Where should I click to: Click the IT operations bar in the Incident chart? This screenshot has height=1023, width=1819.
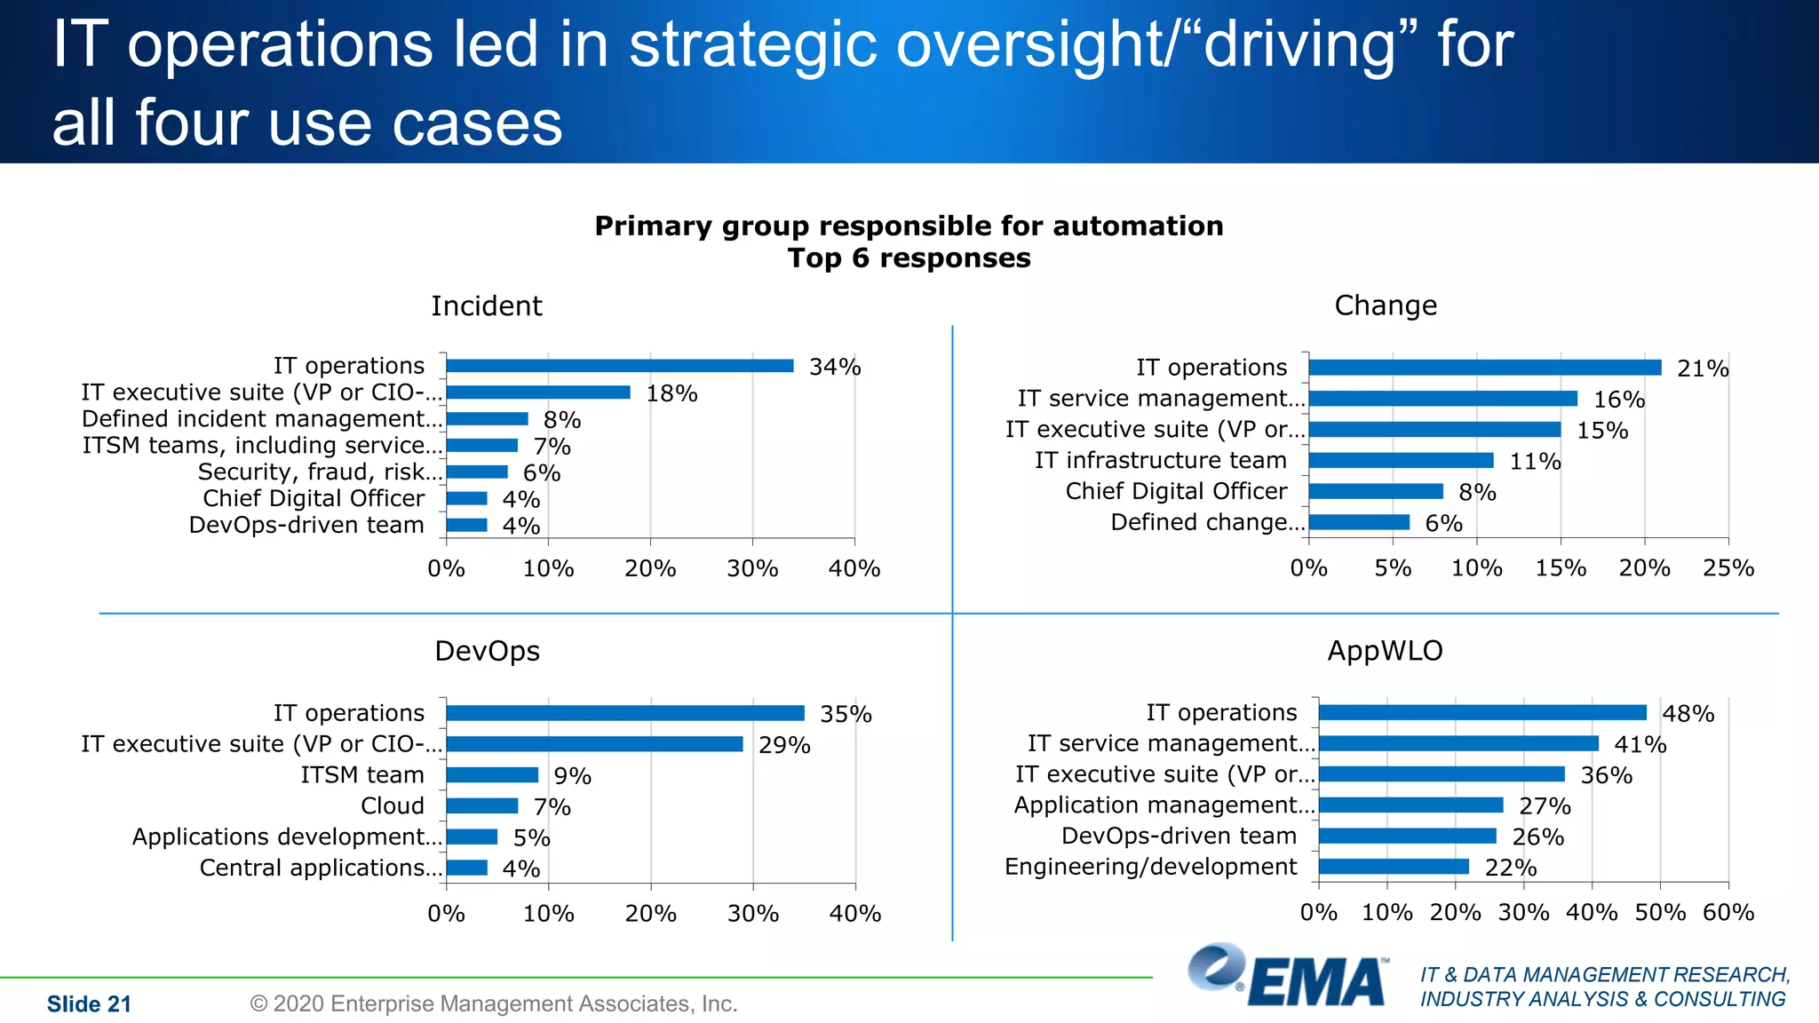point(620,366)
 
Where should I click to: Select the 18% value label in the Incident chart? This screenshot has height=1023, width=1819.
point(671,393)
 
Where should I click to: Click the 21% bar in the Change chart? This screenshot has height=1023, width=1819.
point(1484,368)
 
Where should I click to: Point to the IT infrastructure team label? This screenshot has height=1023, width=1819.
point(1160,460)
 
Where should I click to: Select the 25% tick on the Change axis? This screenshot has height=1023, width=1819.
point(1728,568)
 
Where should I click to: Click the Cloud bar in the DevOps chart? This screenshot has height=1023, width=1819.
point(482,806)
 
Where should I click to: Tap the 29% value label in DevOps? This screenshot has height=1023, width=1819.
point(784,745)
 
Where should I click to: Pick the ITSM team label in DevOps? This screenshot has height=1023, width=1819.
point(362,775)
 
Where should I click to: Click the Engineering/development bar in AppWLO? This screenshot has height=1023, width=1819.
point(1394,867)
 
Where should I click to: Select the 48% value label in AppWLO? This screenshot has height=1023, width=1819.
point(1688,714)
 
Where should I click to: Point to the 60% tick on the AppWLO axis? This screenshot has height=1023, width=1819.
point(1728,913)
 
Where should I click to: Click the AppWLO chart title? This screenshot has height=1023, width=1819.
point(1385,651)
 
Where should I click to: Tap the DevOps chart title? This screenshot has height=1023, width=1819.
point(487,651)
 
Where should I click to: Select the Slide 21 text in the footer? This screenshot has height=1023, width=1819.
point(89,1004)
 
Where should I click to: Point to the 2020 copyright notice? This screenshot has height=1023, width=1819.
point(494,1003)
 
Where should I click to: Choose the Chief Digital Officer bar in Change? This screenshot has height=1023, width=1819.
point(1376,491)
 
